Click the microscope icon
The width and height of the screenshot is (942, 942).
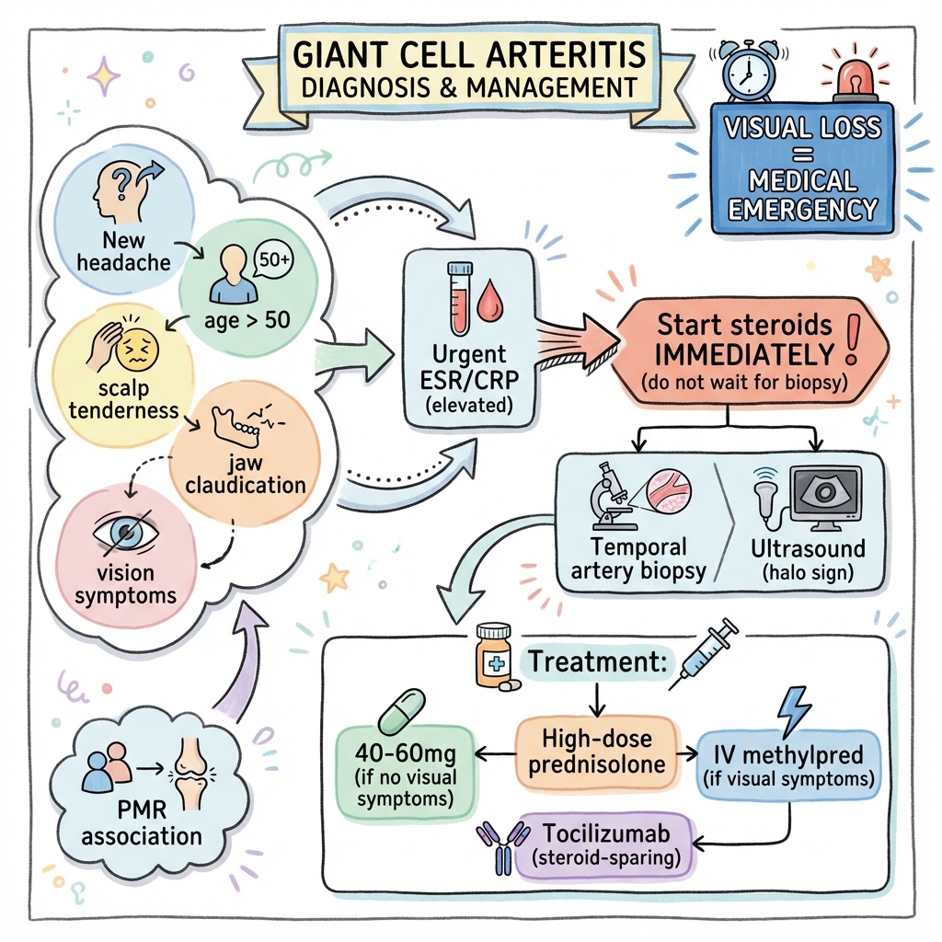pyautogui.click(x=608, y=497)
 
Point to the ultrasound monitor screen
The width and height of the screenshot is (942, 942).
pyautogui.click(x=825, y=494)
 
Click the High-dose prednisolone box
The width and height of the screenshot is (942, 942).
pyautogui.click(x=596, y=752)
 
